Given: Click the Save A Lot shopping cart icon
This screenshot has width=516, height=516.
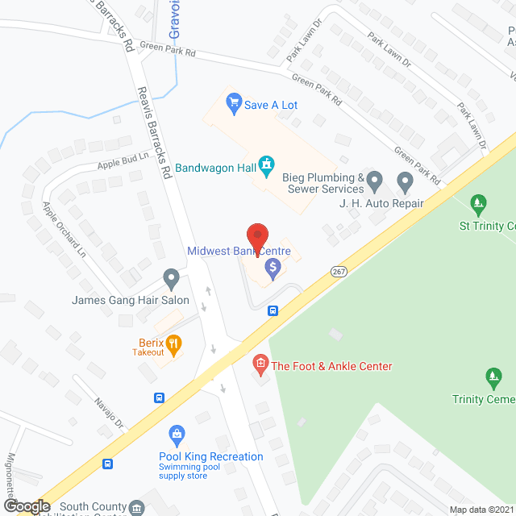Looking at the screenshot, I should coord(235,102).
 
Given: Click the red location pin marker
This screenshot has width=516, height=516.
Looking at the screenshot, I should coord(257,236).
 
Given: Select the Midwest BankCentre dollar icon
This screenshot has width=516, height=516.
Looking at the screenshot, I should coord(273,268).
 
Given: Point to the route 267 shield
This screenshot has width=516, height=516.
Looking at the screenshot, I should coord(339,273).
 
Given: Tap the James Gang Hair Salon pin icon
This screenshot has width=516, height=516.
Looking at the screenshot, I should coord(171,279).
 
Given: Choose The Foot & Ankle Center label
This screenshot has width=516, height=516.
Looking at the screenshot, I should coord(331,366).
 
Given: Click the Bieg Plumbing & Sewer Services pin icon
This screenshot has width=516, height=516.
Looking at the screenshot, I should coord(373,177).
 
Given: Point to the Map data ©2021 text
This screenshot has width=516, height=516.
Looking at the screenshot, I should coord(481,510).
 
